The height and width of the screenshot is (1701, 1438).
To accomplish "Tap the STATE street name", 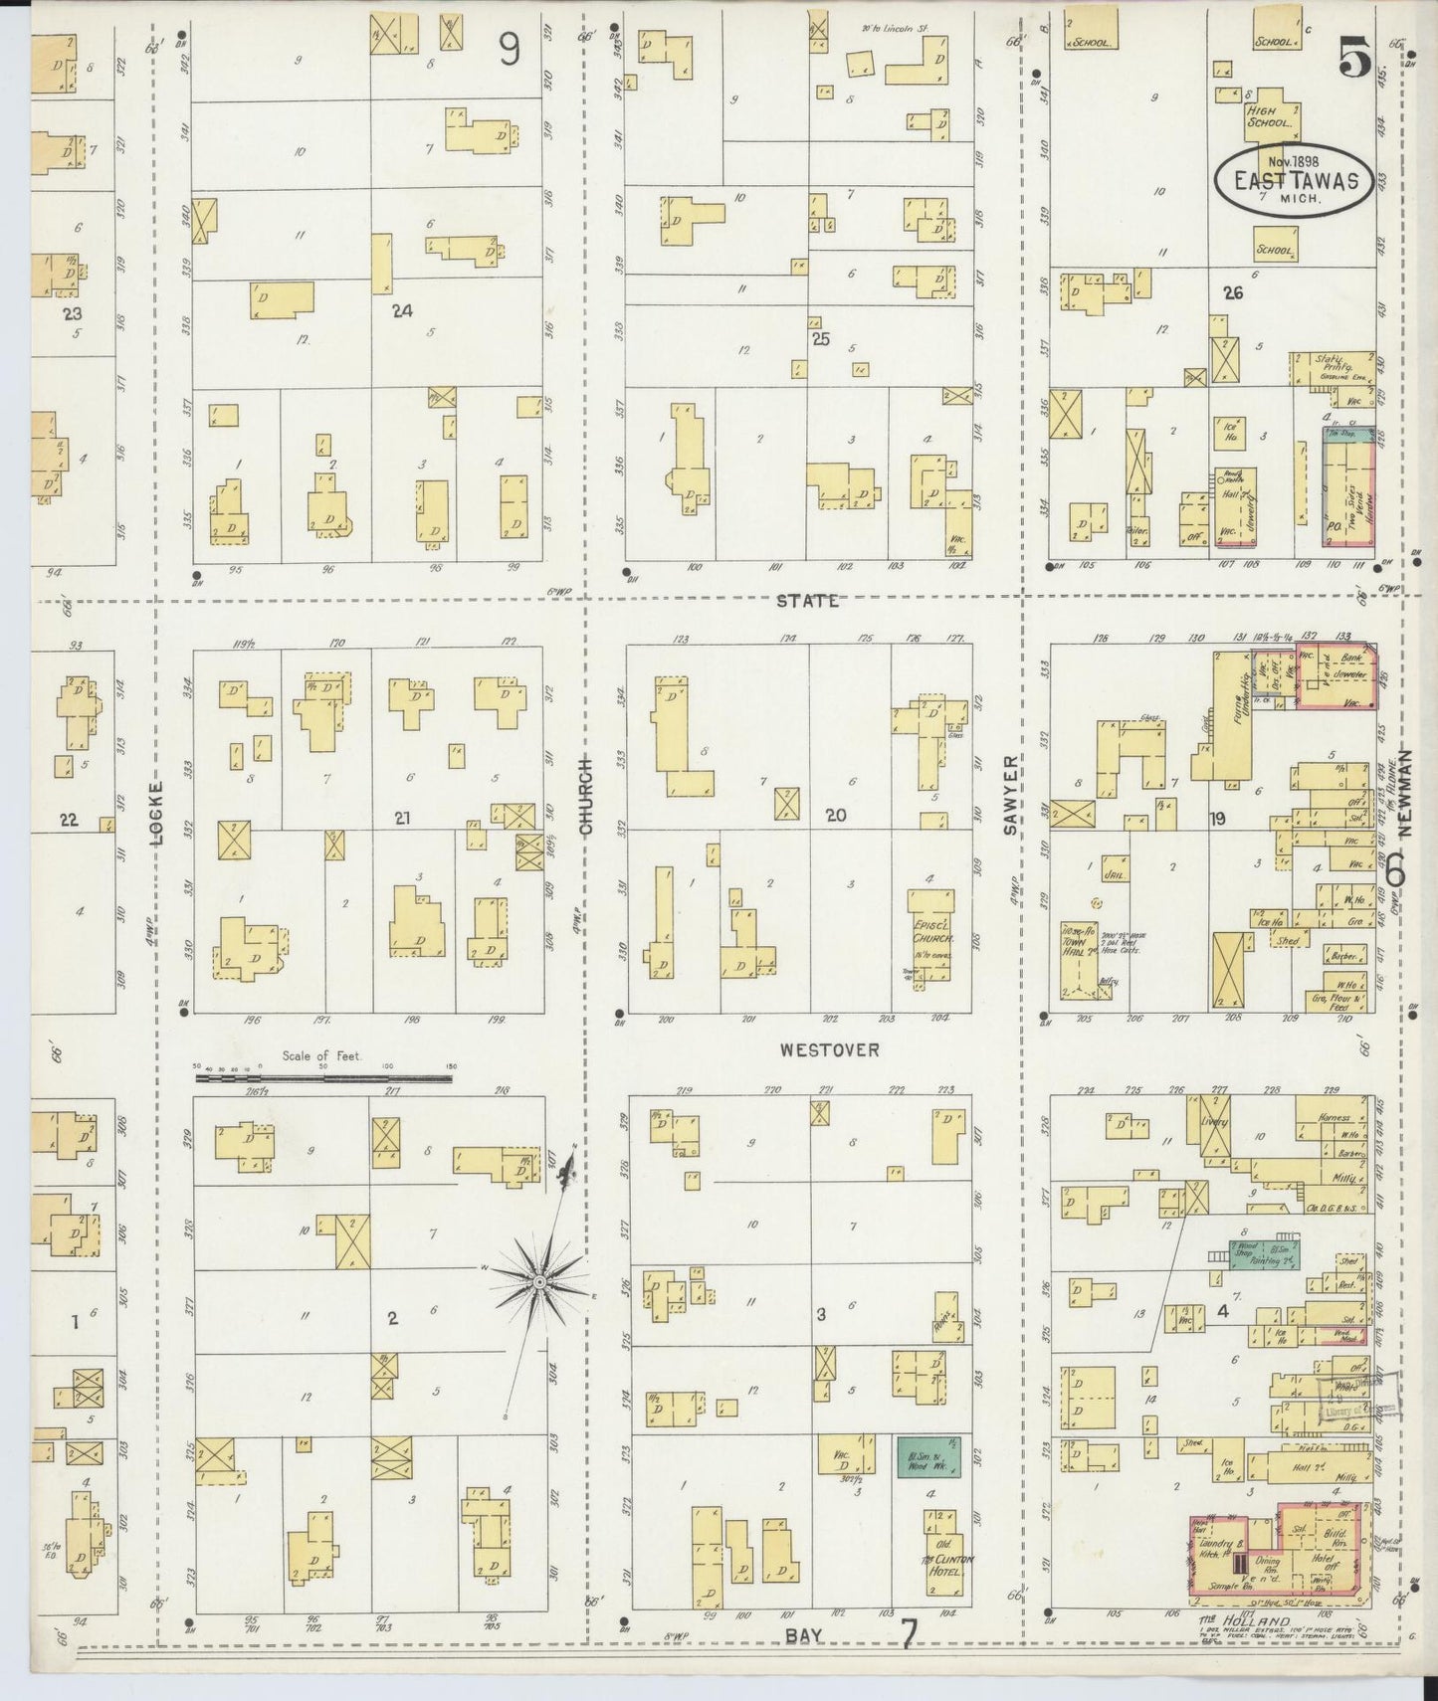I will [x=807, y=601].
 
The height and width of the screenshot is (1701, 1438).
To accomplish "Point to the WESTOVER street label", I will [x=829, y=1049].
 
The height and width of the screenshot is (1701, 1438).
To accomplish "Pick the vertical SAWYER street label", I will [x=1010, y=795].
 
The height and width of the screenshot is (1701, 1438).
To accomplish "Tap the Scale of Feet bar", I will [x=323, y=1076].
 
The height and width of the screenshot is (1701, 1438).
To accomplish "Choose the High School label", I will [x=1269, y=117].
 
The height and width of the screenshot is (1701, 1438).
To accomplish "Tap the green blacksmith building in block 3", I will [x=929, y=1456].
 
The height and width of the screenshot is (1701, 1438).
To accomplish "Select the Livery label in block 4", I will [x=1215, y=1120].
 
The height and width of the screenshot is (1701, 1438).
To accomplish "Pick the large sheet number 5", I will [x=1354, y=58].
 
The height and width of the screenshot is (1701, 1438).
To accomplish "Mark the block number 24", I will [x=402, y=310].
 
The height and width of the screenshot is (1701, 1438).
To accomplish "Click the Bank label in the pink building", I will [x=1351, y=661].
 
